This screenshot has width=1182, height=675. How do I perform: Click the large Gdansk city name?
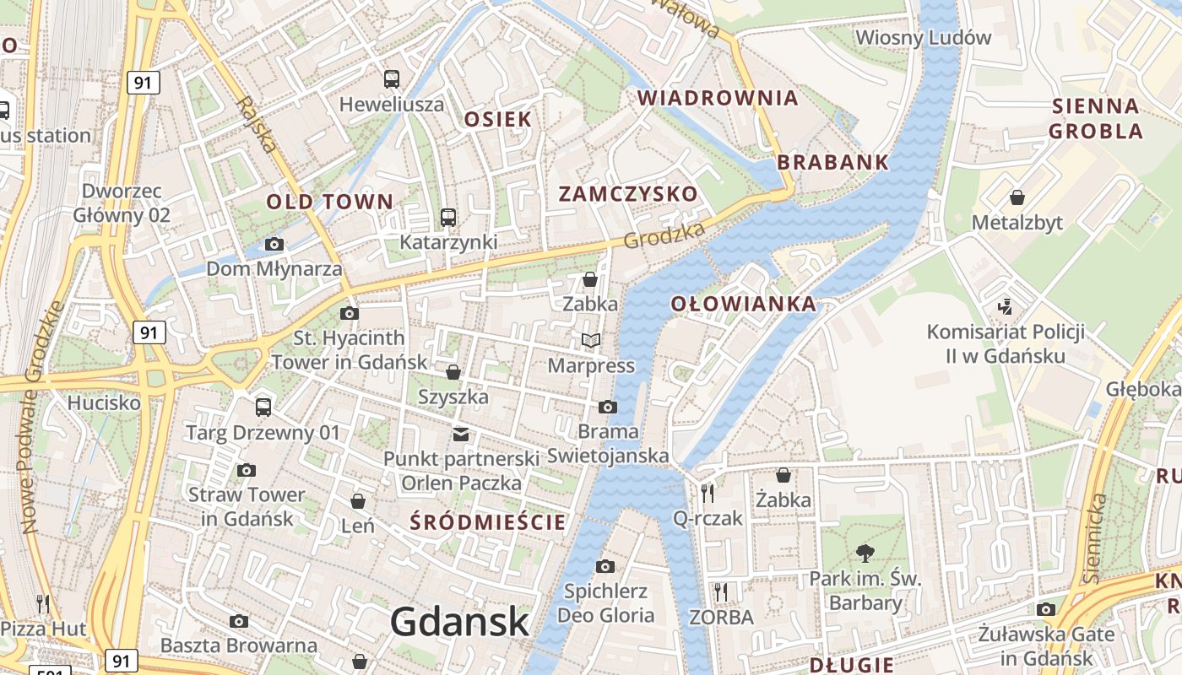point(460,622)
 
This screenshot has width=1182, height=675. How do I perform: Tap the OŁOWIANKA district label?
point(744,304)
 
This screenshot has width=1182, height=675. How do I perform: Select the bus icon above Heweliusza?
point(392,79)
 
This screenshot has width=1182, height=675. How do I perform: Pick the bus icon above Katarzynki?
point(448,217)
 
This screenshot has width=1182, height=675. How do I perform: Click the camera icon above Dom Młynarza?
point(274,245)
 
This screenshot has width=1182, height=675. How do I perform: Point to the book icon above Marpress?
point(591,340)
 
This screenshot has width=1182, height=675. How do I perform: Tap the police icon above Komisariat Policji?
point(1005,305)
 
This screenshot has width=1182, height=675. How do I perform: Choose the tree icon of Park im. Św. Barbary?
point(864,553)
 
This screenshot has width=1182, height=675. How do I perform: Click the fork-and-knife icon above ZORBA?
point(720,591)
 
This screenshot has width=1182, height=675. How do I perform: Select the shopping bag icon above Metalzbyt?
point(1017,197)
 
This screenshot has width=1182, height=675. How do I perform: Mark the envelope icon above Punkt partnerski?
point(461,435)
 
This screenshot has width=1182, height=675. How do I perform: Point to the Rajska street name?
point(257,124)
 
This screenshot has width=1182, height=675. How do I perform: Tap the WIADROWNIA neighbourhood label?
point(718,98)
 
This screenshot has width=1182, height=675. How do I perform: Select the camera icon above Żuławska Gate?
point(1046,609)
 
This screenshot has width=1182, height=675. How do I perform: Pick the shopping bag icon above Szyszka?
point(453,371)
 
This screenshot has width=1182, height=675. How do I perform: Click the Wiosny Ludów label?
point(923,38)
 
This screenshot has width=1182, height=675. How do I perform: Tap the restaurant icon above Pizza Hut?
point(43,603)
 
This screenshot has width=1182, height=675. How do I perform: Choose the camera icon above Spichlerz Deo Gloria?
point(605,566)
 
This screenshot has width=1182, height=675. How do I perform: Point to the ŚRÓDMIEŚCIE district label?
point(488,522)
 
